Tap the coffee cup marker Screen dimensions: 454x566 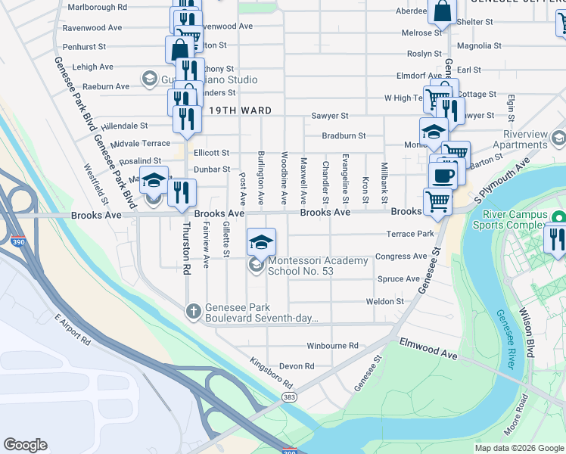pos(444,175)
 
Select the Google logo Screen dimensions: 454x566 pos(26,445)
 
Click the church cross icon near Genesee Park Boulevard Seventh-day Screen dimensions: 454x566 pos(193,310)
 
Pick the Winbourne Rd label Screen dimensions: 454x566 pos(332,346)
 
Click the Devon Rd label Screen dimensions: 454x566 pos(297,366)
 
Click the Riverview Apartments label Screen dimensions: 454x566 pos(515,139)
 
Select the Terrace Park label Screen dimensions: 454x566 pos(410,235)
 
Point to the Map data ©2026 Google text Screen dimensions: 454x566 pos(518,448)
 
